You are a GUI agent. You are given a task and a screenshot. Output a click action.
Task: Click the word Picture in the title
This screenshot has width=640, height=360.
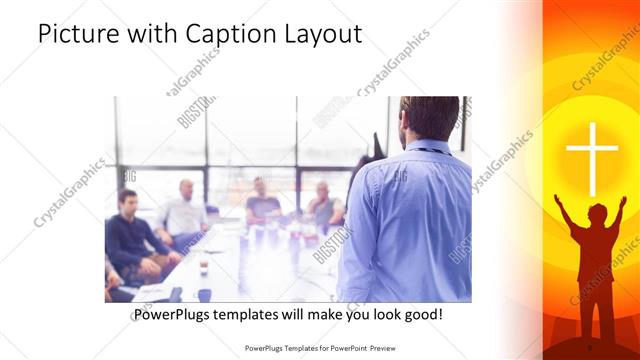pyautogui.click(x=79, y=34)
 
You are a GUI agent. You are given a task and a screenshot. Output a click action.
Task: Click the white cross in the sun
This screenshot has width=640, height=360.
pyautogui.click(x=592, y=157)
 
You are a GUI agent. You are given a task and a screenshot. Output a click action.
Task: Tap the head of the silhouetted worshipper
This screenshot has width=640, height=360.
pyautogui.click(x=596, y=213)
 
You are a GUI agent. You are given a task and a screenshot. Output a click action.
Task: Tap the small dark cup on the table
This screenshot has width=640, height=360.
pyautogui.click(x=203, y=266)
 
